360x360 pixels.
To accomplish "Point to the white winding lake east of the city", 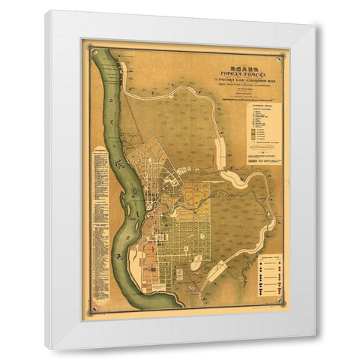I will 240,180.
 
